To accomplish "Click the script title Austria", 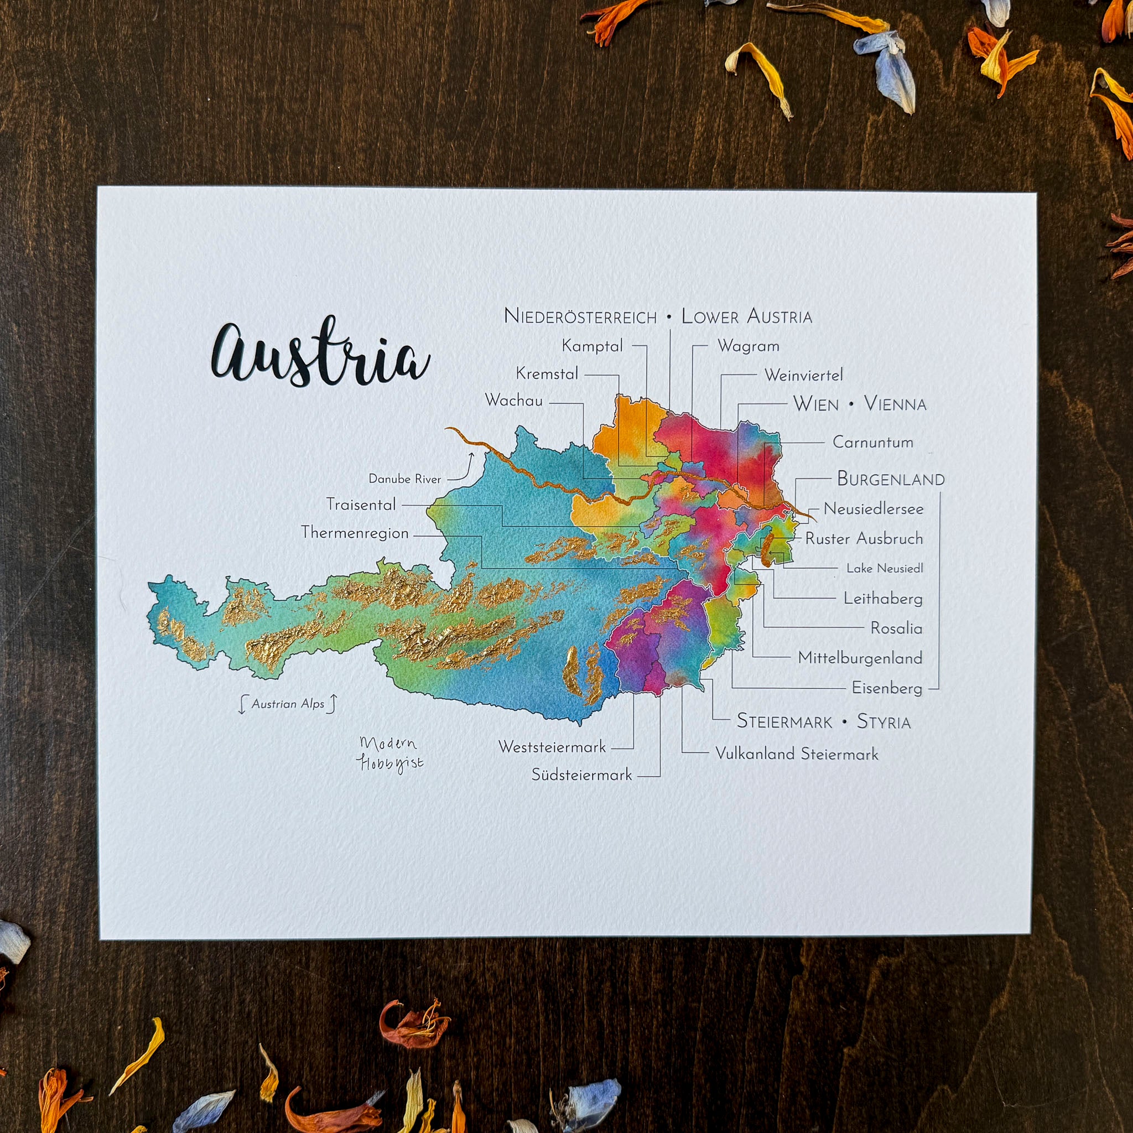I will coord(320,355).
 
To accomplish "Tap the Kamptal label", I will coord(593,346).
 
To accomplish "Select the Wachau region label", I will coord(514,401).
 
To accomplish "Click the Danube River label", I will coord(404,479).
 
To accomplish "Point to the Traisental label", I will coord(361,505).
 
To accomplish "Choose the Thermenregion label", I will coord(355,533).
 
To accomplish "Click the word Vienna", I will coord(895,404).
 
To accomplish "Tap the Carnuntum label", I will coord(872,442).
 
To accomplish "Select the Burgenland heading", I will coord(890,479).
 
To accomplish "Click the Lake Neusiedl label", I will coord(885,568).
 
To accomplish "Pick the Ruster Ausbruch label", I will coord(864,538).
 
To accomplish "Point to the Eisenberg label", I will coord(887,688).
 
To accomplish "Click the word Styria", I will coord(883,721).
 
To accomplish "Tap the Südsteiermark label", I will coord(582,775).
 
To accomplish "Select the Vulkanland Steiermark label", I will coord(797,753).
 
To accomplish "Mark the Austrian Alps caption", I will coord(288,704).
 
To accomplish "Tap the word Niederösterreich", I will coord(580,316).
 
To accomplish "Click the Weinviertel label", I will coord(803,375).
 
